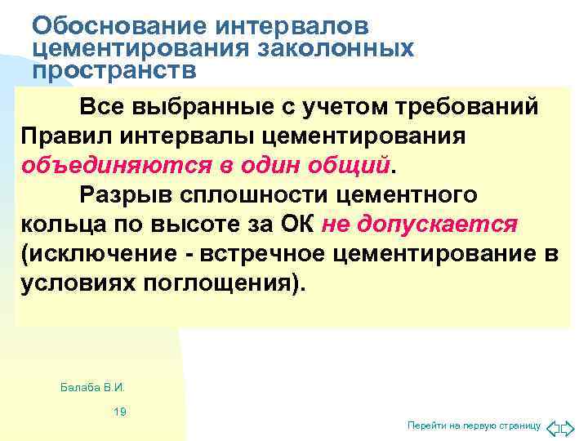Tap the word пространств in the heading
[114, 70]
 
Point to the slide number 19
[120, 412]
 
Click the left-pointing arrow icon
[553, 426]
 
